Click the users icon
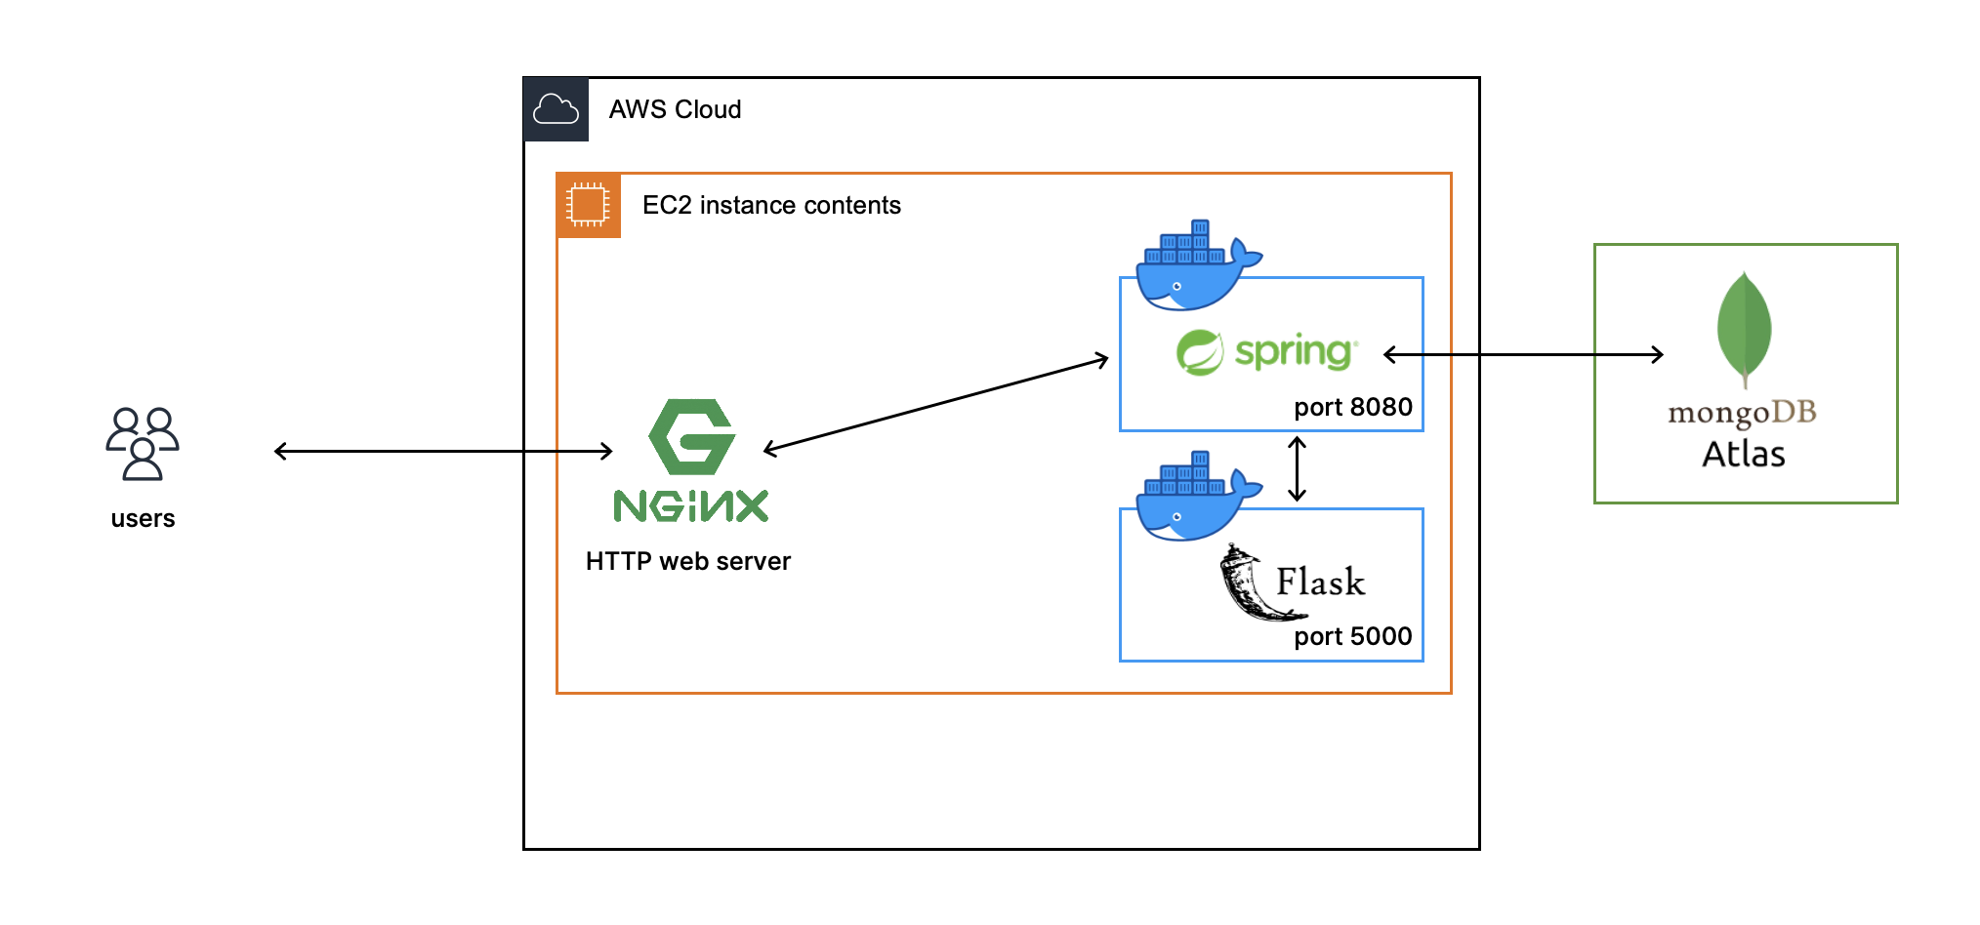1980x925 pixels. tap(143, 443)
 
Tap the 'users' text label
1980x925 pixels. tap(143, 518)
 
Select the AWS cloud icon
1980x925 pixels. tap(556, 109)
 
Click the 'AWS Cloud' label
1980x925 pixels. tap(675, 109)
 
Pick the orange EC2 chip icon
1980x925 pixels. tap(588, 205)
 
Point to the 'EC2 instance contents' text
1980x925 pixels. tap(771, 205)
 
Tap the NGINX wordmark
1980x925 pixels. tap(691, 505)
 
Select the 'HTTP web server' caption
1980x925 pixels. tap(688, 561)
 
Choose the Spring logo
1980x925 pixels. tap(1267, 352)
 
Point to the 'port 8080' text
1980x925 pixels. tap(1353, 407)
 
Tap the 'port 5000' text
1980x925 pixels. tap(1353, 636)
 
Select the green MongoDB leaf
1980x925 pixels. tap(1744, 330)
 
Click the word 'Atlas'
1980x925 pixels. tap(1744, 455)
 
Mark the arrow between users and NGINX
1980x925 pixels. tap(443, 451)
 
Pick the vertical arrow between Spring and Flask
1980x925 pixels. tap(1297, 469)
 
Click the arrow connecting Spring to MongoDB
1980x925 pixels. tap(1523, 354)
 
